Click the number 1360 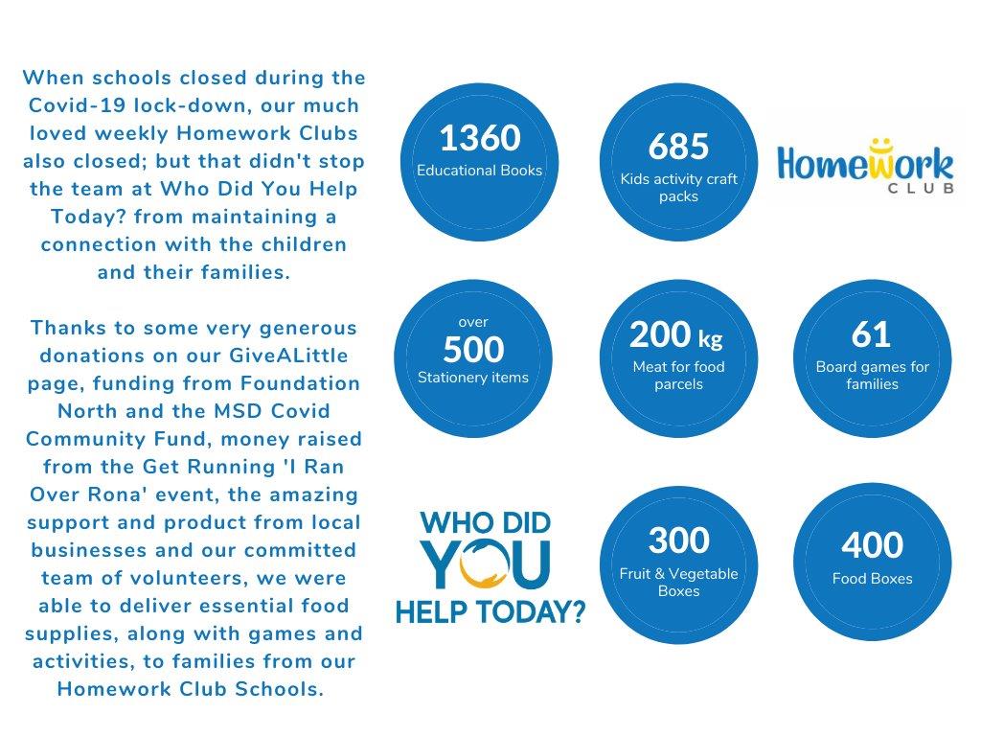[479, 139]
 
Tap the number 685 [678, 147]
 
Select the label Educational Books [479, 171]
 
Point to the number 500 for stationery [473, 350]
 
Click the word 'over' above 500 [473, 322]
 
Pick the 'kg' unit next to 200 [710, 338]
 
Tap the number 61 [871, 334]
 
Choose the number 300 [678, 540]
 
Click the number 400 [872, 545]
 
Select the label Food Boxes [872, 579]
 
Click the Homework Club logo [865, 168]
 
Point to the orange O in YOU [483, 564]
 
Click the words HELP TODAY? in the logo [490, 611]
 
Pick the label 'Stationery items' [473, 378]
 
